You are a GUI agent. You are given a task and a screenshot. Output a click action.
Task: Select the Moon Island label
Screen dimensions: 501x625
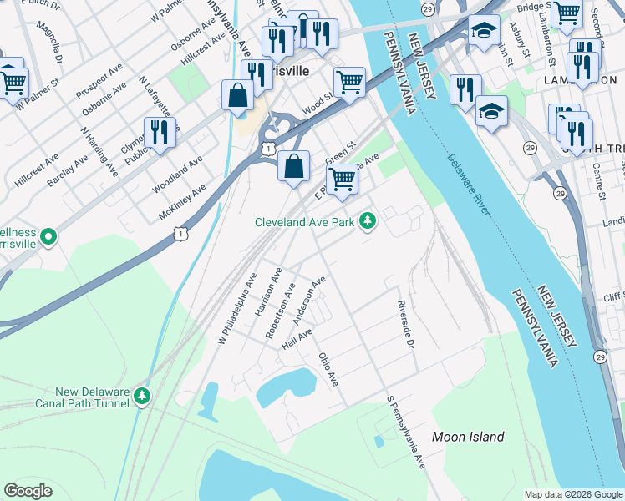click(x=468, y=437)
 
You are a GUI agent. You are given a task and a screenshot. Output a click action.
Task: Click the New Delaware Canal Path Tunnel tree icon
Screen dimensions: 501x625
click(x=142, y=394)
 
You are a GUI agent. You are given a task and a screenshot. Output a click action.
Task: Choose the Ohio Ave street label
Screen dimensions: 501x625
click(x=328, y=369)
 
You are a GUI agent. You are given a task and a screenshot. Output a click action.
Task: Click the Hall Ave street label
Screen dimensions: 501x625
click(x=297, y=339)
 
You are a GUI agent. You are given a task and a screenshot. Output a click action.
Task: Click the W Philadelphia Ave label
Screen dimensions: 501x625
click(x=236, y=306)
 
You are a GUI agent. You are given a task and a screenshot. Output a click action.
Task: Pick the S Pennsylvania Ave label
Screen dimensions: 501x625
click(x=406, y=432)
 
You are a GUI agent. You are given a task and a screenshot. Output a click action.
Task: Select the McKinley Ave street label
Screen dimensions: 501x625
click(x=182, y=204)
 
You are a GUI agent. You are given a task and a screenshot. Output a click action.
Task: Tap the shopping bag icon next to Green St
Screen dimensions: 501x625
click(x=293, y=166)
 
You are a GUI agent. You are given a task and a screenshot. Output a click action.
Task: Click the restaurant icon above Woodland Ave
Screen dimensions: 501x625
click(x=159, y=132)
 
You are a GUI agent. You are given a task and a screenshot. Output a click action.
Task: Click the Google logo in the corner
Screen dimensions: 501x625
click(x=28, y=490)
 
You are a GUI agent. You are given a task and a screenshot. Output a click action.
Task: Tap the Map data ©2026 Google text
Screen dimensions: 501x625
click(x=572, y=493)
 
